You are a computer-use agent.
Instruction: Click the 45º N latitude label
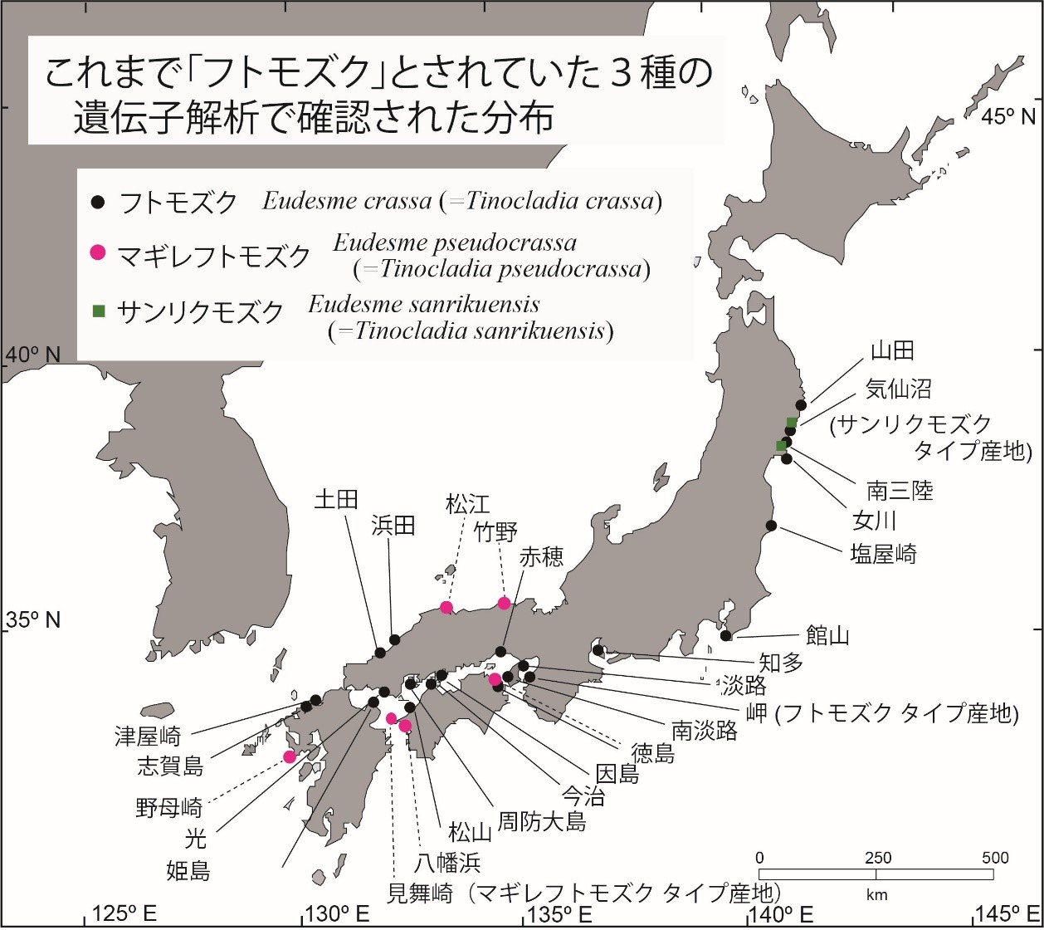pos(1007,116)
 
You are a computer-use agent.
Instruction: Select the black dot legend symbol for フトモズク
pos(98,202)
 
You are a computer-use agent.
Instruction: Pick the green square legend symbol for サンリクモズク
pos(98,311)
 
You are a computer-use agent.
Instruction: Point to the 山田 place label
pos(891,350)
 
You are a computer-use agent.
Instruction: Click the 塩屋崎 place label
pos(883,555)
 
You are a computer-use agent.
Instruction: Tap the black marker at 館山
pos(726,635)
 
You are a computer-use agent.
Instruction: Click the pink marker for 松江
pos(446,607)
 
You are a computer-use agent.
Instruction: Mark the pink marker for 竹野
pos(504,603)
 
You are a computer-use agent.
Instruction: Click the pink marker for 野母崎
pos(290,756)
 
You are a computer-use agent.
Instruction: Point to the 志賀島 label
pos(169,766)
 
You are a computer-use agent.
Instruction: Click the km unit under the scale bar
pos(876,895)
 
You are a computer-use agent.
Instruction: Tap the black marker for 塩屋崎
pos(771,525)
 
